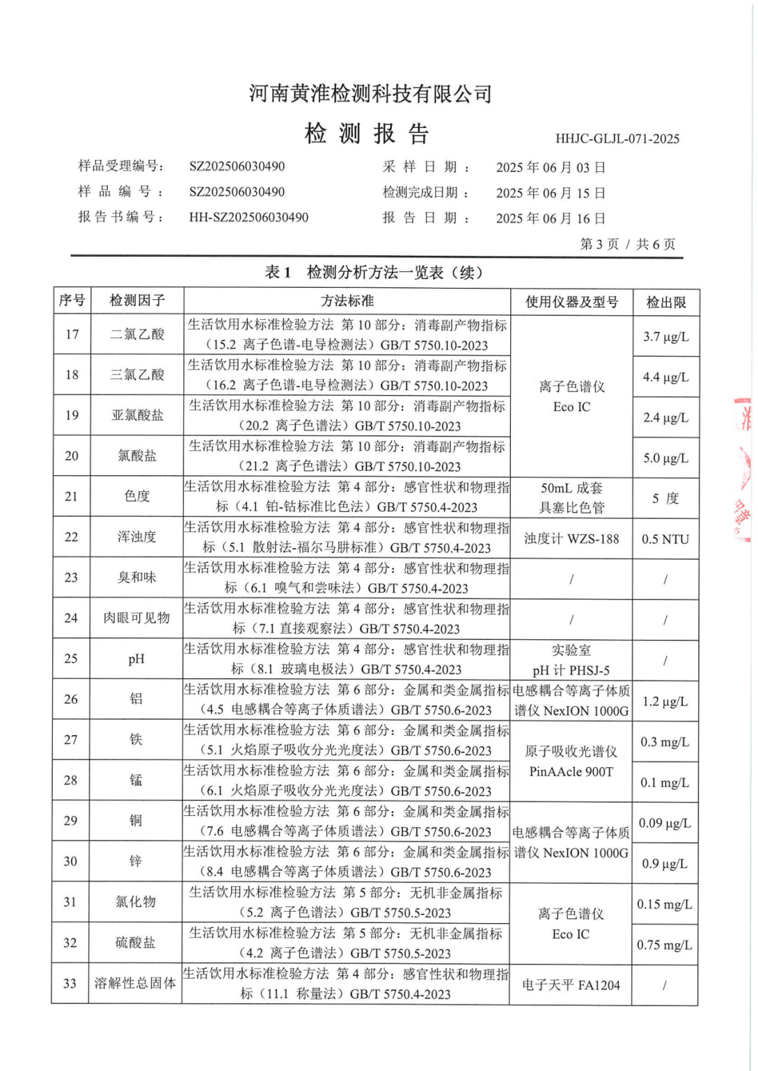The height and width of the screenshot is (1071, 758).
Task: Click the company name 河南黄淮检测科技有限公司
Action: [x=370, y=94]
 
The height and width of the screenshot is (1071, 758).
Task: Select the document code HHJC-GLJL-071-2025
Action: [x=617, y=139]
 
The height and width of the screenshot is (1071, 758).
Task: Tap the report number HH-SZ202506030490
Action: [x=248, y=218]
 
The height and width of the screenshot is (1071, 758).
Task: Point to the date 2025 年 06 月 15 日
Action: [x=550, y=193]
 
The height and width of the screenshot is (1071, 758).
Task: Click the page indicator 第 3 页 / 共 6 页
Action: [x=627, y=244]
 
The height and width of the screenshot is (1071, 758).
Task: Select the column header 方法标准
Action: [x=347, y=301]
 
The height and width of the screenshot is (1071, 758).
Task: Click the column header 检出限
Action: [x=666, y=303]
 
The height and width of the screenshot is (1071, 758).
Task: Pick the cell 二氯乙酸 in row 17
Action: [x=137, y=334]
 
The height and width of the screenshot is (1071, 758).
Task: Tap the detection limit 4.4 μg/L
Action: [x=666, y=377]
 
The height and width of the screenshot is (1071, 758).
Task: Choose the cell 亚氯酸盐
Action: [x=137, y=415]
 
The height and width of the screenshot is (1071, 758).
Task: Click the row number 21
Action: [x=72, y=496]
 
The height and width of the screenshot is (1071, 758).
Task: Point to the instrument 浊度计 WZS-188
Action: [x=571, y=539]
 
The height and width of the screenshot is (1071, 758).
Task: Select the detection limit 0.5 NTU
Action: [x=665, y=539]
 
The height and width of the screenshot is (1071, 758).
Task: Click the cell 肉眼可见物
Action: [x=137, y=618]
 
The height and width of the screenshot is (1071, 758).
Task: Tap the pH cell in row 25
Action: [x=137, y=659]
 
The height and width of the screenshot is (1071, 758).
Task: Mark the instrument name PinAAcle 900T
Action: [x=571, y=772]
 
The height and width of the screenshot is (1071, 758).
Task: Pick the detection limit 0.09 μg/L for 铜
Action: [x=664, y=823]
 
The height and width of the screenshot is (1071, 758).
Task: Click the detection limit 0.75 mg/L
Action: [x=664, y=944]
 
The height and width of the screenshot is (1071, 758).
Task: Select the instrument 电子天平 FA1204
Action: [x=571, y=985]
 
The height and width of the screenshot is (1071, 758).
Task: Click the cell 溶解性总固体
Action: [x=135, y=983]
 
